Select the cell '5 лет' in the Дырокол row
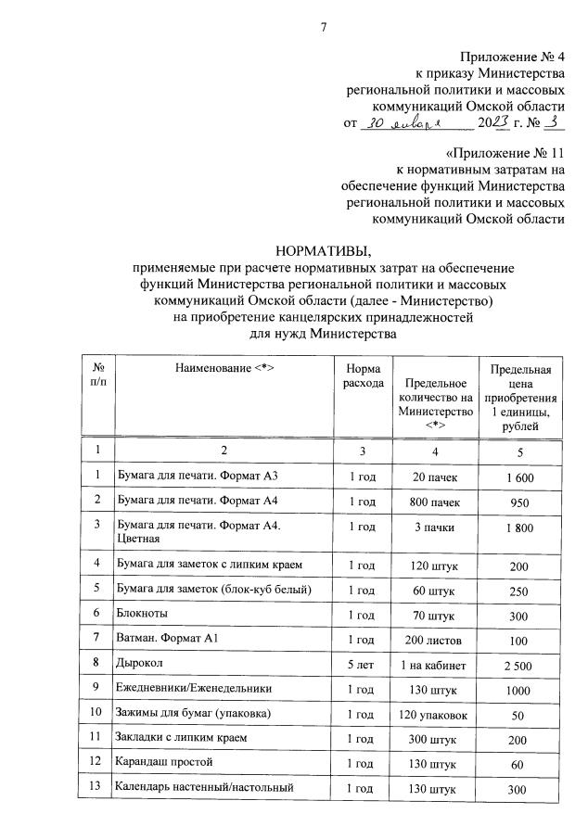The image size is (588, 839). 361,664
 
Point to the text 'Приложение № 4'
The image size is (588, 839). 512,57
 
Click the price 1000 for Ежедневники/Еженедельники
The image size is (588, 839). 518,689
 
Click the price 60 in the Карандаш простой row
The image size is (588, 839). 518,763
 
